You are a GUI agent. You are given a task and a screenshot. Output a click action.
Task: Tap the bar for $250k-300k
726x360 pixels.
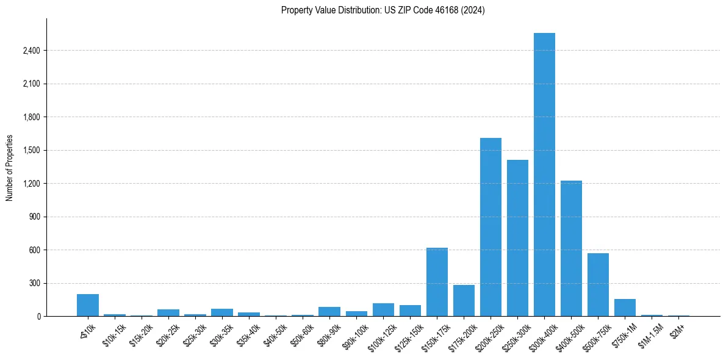(517, 238)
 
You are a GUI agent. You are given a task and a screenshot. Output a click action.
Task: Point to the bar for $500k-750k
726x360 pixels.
(598, 284)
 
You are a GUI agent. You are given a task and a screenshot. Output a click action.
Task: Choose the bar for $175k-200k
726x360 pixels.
(464, 300)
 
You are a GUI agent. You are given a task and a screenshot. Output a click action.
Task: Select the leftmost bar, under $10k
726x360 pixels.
(88, 305)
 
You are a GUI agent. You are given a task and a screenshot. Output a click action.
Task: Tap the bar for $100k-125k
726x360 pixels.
(383, 310)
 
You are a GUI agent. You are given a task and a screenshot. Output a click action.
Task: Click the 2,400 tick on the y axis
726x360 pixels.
(31, 51)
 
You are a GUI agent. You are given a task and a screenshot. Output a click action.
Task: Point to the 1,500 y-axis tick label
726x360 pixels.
(31, 150)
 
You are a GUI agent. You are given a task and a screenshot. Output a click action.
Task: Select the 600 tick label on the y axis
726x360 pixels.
(34, 250)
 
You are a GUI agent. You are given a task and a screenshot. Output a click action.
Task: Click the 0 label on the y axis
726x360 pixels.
(38, 317)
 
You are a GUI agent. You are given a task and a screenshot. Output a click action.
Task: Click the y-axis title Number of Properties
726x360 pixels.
(10, 168)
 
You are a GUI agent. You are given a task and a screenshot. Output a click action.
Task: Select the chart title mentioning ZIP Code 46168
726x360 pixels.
(383, 10)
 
